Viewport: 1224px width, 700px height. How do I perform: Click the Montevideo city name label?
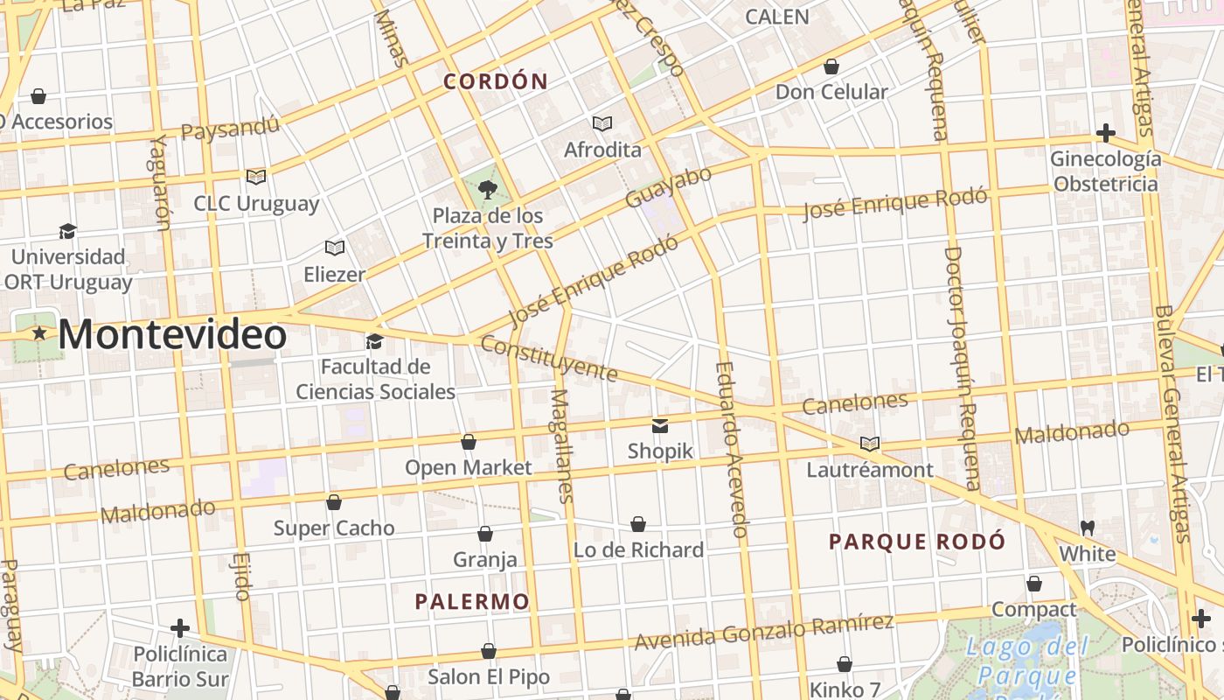click(x=172, y=335)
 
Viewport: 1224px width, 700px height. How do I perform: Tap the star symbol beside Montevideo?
click(x=39, y=333)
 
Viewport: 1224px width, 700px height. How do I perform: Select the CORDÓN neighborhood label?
click(x=496, y=82)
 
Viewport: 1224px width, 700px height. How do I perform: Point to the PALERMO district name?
click(x=472, y=602)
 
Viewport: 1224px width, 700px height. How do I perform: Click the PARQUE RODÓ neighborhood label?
click(x=917, y=542)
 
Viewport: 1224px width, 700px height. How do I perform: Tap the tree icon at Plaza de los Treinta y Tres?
click(x=488, y=189)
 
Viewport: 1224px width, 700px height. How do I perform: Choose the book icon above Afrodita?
click(x=602, y=123)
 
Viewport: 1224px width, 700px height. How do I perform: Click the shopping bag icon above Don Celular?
click(x=831, y=66)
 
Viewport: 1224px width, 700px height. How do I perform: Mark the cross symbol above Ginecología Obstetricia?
click(x=1106, y=133)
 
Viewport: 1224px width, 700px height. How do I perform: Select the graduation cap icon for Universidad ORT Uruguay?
click(x=67, y=231)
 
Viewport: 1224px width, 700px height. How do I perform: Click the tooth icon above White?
click(x=1088, y=528)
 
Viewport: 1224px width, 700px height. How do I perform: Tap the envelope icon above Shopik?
click(x=660, y=426)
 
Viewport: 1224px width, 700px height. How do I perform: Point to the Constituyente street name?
click(x=549, y=359)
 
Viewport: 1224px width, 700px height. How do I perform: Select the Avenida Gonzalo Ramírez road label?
click(x=763, y=633)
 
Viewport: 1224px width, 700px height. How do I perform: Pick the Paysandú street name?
click(x=230, y=128)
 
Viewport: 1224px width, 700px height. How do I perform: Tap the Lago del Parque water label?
click(x=1027, y=661)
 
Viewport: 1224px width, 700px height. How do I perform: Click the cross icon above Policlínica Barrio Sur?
click(x=180, y=628)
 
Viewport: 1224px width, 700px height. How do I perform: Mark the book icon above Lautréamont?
click(x=869, y=444)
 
